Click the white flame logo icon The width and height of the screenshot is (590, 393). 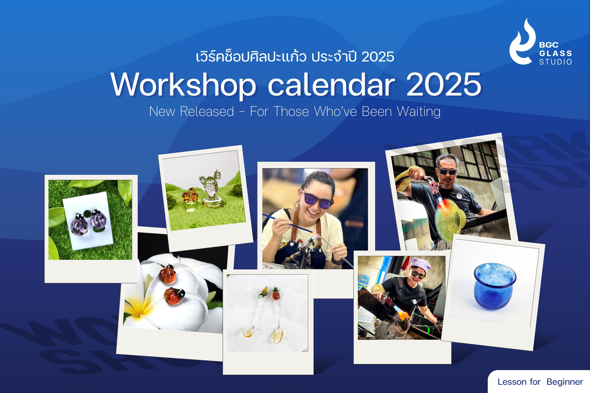coord(522,43)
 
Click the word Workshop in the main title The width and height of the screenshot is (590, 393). coord(184,85)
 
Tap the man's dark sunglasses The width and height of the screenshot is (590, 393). coord(447,171)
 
